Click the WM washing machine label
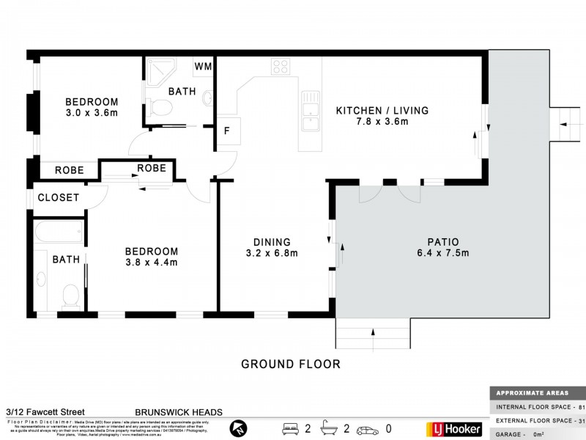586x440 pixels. point(203,67)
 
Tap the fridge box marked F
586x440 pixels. point(228,131)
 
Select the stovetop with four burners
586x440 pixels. point(280,67)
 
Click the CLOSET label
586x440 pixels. point(58,197)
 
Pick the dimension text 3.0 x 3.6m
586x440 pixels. point(92,113)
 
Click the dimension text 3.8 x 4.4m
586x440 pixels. point(152,262)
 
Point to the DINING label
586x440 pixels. point(272,242)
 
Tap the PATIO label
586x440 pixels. point(443,242)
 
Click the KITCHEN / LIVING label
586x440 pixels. point(382,111)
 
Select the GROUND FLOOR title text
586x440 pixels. point(291,364)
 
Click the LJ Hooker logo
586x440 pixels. point(453,428)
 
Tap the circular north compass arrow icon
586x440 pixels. point(237,428)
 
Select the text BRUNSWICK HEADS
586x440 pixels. point(178,413)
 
